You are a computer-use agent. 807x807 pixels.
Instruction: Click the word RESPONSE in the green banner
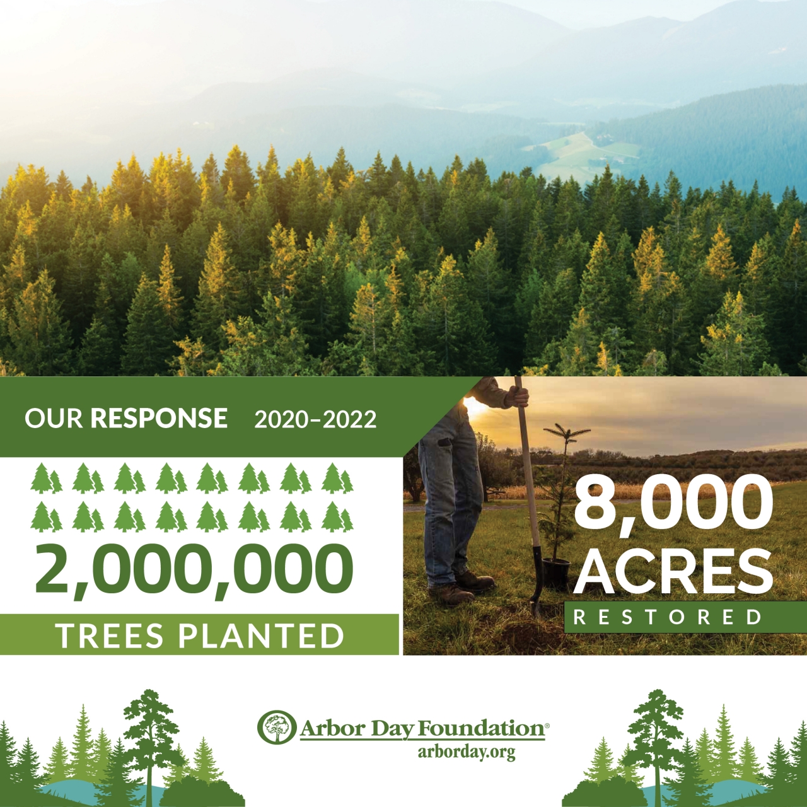pyautogui.click(x=159, y=418)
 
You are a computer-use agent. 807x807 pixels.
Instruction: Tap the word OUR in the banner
pyautogui.click(x=54, y=418)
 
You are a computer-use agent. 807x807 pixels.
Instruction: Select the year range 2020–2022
pyautogui.click(x=315, y=419)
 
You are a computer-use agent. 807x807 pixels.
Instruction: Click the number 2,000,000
pyautogui.click(x=194, y=569)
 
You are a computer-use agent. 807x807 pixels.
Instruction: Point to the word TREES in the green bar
pyautogui.click(x=109, y=636)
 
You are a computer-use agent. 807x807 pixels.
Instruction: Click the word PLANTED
pyautogui.click(x=261, y=636)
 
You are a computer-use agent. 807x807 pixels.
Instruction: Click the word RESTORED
pyautogui.click(x=667, y=617)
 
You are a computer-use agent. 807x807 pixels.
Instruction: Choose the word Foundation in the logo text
pyautogui.click(x=481, y=728)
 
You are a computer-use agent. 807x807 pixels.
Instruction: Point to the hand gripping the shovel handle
pyautogui.click(x=518, y=396)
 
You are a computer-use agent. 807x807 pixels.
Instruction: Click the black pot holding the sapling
pyautogui.click(x=556, y=572)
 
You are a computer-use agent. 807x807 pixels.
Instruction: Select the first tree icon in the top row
pyautogui.click(x=46, y=478)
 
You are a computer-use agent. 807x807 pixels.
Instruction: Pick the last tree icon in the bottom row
pyautogui.click(x=337, y=517)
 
